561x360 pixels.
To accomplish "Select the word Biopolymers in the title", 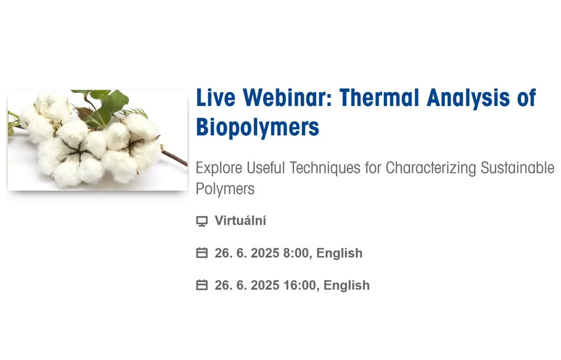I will tap(257, 127).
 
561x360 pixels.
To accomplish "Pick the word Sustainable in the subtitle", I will tap(518, 168).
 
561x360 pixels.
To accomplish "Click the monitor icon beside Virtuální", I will tap(202, 222).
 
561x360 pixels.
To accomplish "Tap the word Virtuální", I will tap(240, 221).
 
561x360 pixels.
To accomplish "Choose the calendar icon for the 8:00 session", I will tap(202, 253).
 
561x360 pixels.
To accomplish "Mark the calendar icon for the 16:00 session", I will tap(202, 285).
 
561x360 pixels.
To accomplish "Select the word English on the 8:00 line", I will tap(339, 253).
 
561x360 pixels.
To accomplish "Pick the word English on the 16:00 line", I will tap(346, 285).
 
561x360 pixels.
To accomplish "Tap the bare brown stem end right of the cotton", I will tap(178, 158).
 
